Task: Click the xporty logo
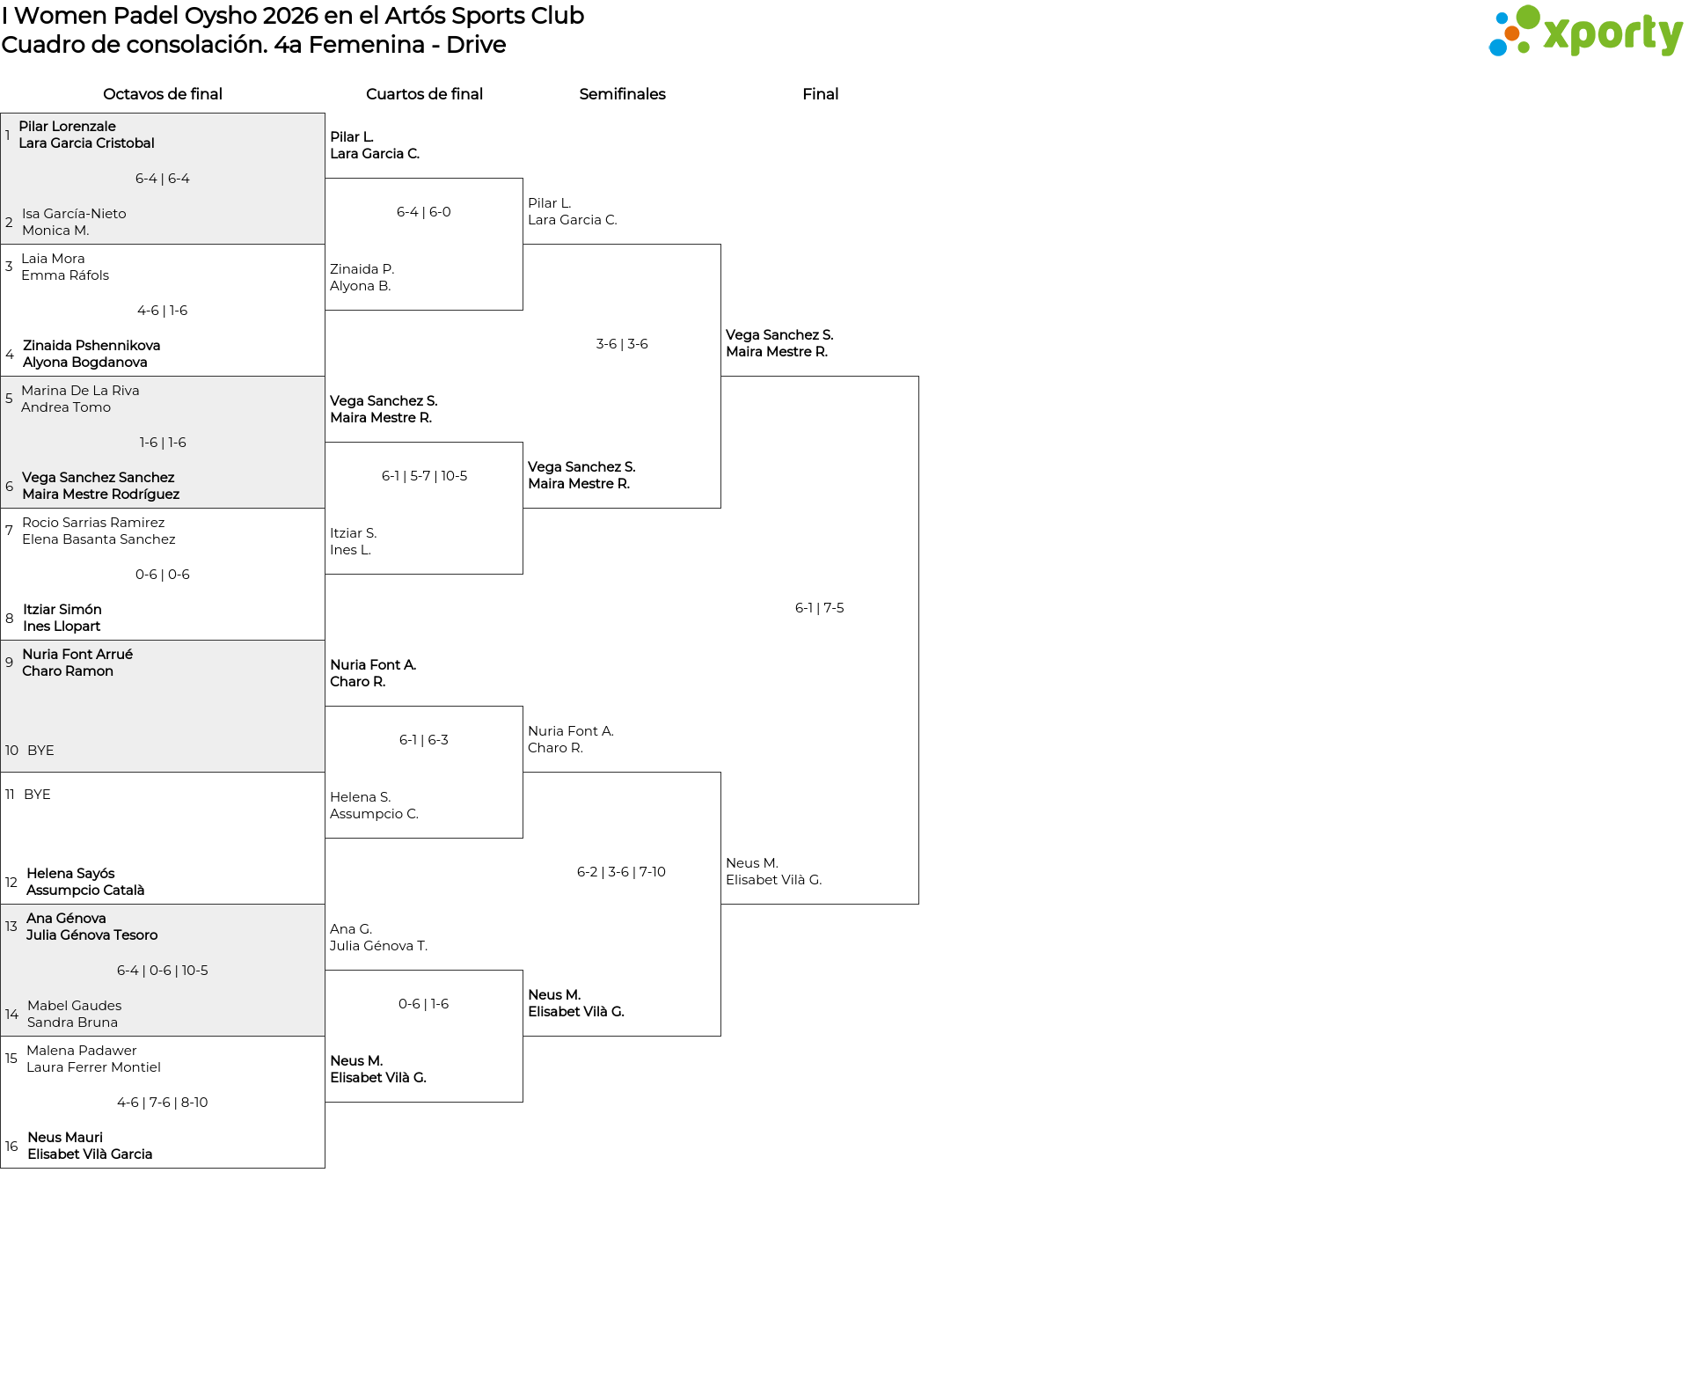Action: click(x=1585, y=31)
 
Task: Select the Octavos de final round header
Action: click(x=163, y=94)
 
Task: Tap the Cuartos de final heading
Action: click(x=424, y=94)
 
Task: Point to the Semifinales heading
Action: click(x=622, y=94)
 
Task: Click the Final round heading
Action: click(x=820, y=94)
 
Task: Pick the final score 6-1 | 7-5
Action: click(x=820, y=608)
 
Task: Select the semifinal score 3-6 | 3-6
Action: click(x=622, y=344)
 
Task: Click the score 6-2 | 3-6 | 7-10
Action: click(x=621, y=872)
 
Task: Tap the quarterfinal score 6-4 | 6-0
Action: click(x=424, y=212)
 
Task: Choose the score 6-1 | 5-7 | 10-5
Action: click(x=424, y=476)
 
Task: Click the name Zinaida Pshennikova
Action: click(x=91, y=346)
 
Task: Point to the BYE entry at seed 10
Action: click(x=40, y=751)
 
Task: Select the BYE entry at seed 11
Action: click(x=37, y=795)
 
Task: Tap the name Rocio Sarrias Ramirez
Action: click(x=93, y=523)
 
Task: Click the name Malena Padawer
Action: click(x=82, y=1051)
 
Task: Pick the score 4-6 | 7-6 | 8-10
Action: click(x=163, y=1103)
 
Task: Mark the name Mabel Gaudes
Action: click(x=75, y=1006)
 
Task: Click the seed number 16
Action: click(x=11, y=1147)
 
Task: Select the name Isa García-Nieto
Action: click(x=74, y=214)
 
